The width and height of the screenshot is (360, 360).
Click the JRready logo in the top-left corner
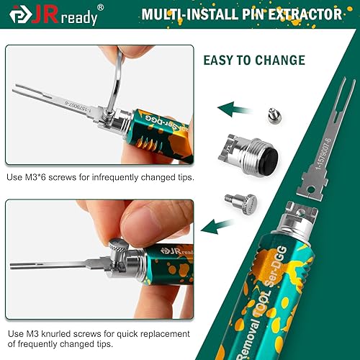pos(50,15)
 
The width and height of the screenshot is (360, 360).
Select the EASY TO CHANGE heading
pos(265,60)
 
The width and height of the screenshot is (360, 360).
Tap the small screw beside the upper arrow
pos(272,112)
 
